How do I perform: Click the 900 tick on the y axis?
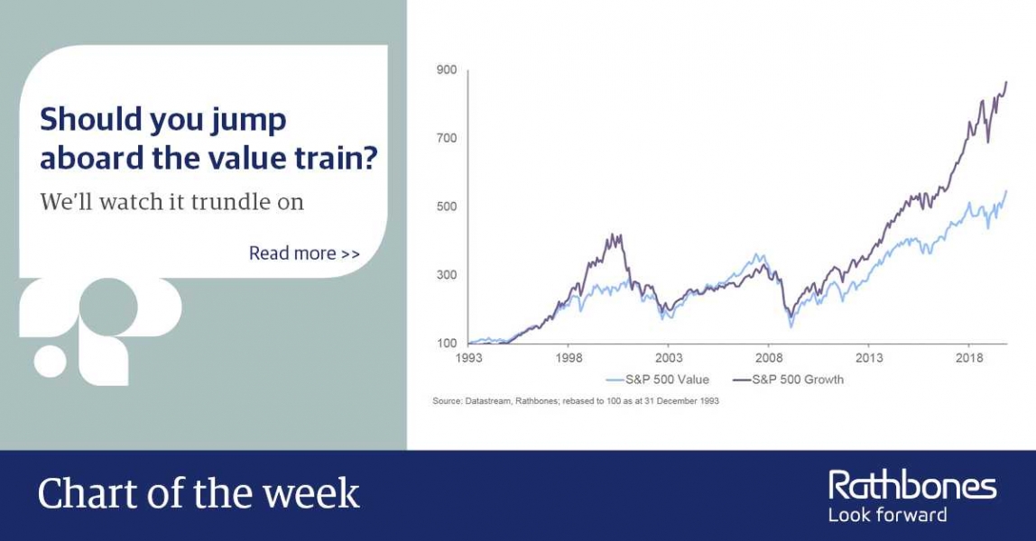pyautogui.click(x=447, y=70)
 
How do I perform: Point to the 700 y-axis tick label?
pyautogui.click(x=447, y=138)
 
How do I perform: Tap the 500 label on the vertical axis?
pyautogui.click(x=447, y=206)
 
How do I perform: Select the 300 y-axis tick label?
pyautogui.click(x=447, y=274)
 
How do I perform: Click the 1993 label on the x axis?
pyautogui.click(x=468, y=358)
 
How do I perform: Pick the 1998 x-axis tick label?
pyautogui.click(x=569, y=358)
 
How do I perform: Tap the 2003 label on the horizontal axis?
pyautogui.click(x=669, y=358)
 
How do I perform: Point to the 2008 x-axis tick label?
pyautogui.click(x=769, y=358)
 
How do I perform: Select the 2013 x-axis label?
pyautogui.click(x=869, y=358)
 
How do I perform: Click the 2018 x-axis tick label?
pyautogui.click(x=969, y=358)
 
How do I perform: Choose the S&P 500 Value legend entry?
pyautogui.click(x=657, y=380)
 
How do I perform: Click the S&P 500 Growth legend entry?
pyautogui.click(x=788, y=380)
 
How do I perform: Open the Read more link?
pyautogui.click(x=305, y=253)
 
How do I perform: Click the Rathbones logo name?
pyautogui.click(x=912, y=486)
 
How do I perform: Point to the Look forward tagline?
pyautogui.click(x=887, y=515)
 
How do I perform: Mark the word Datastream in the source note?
pyautogui.click(x=487, y=401)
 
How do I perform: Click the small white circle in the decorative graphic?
pyautogui.click(x=51, y=361)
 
